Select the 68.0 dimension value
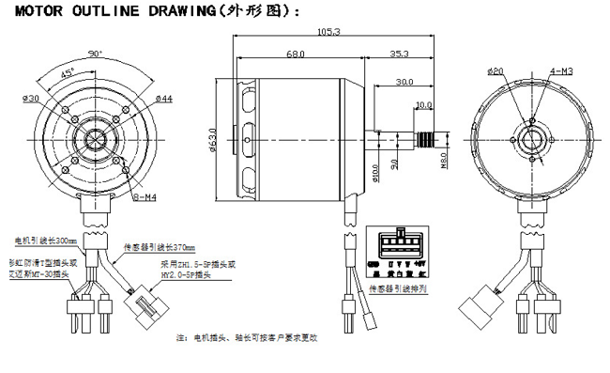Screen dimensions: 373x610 pos(295,55)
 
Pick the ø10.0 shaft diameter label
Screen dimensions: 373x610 pos(374,171)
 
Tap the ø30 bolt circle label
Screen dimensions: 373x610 pos(31,99)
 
